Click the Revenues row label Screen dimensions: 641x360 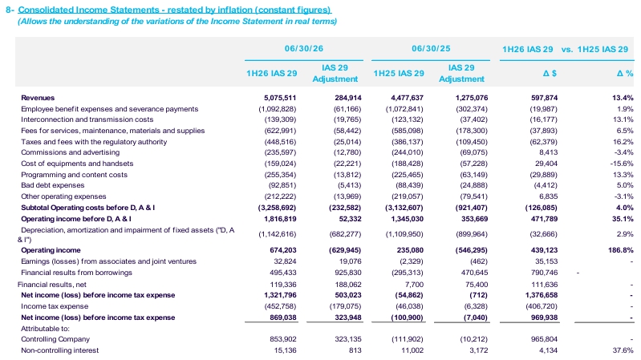tap(38, 98)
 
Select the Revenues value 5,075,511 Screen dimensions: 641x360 tap(280, 98)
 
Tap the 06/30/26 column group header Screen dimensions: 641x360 tap(304, 48)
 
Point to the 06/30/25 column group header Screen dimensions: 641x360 tap(431, 48)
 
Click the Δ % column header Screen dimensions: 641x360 tap(625, 73)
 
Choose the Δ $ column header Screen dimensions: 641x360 tap(549, 73)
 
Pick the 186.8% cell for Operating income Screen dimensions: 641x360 tap(621, 250)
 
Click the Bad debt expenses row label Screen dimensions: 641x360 tap(53, 185)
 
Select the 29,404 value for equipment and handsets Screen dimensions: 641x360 tap(546, 164)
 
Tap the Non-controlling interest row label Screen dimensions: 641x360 tap(59, 350)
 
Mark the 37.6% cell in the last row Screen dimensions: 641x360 tap(624, 350)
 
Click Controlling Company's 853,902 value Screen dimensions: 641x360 tap(283, 339)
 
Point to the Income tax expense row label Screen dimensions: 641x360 tap(55, 306)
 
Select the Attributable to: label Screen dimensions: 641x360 tap(45, 329)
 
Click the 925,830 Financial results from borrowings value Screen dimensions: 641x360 tap(348, 273)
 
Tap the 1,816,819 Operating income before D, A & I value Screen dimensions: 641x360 tap(280, 219)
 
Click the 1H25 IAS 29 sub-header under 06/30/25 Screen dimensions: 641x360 tap(399, 73)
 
